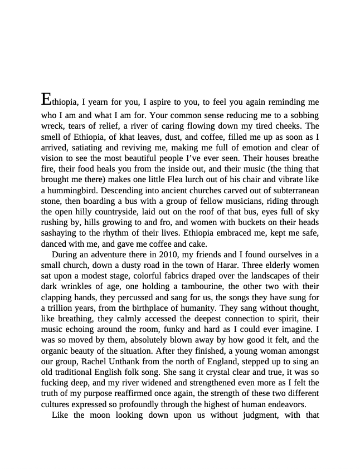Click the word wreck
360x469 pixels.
tap(53, 126)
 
